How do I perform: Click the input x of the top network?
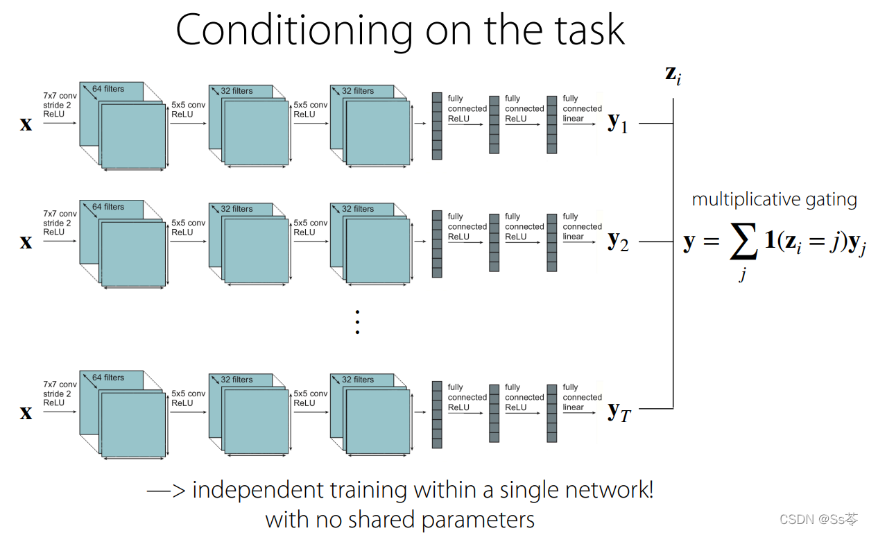coord(26,124)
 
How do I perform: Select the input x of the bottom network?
coord(26,413)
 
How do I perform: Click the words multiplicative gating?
coord(774,200)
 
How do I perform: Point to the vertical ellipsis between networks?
coord(357,322)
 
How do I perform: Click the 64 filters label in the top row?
coord(108,89)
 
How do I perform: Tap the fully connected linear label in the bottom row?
coord(582,397)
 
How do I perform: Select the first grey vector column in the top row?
coord(437,126)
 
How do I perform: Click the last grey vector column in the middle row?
coord(552,241)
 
